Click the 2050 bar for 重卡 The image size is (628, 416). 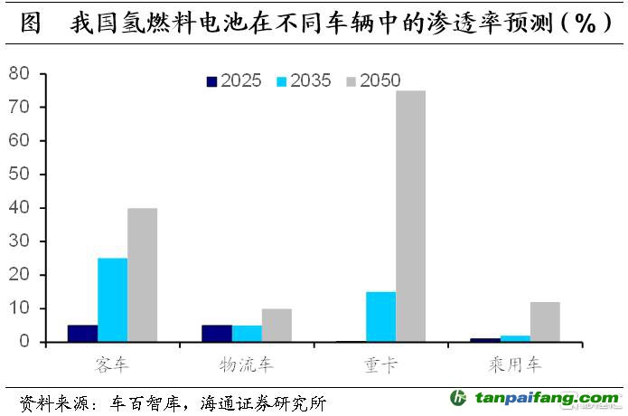(x=410, y=216)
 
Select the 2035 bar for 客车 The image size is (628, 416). (x=112, y=299)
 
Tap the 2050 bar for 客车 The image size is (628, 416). (x=142, y=275)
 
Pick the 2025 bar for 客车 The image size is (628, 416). (x=82, y=333)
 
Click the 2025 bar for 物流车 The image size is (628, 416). (x=217, y=333)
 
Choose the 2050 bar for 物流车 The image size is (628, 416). (x=277, y=325)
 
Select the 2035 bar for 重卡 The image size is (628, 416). (x=380, y=317)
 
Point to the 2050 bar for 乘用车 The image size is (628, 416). (x=545, y=321)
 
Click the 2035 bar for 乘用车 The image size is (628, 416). (x=515, y=338)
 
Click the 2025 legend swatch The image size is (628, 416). (x=212, y=81)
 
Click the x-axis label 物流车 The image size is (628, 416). (x=247, y=365)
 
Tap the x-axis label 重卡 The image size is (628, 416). (x=380, y=365)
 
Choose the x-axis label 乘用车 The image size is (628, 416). (x=515, y=365)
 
